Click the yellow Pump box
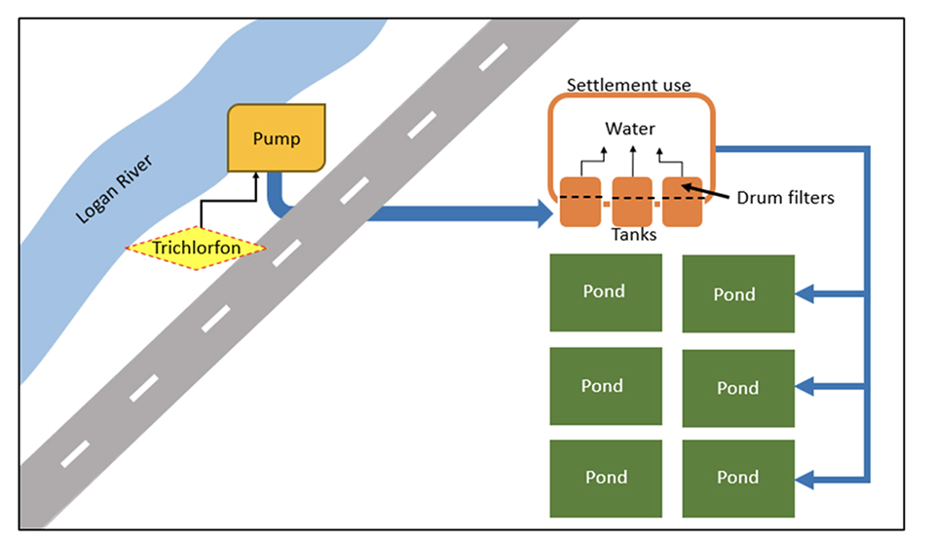tap(277, 138)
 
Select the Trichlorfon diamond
tap(196, 249)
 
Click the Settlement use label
tap(629, 85)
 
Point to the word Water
tap(630, 129)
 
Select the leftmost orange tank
tap(580, 202)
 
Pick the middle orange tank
tap(632, 202)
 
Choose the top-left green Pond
tap(605, 291)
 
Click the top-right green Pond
tap(737, 294)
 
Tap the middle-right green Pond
tap(737, 388)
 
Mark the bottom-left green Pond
tap(605, 477)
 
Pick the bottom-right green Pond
tap(737, 478)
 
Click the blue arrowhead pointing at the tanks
tap(543, 212)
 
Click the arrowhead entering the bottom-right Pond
tap(805, 479)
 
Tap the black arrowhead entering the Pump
tap(255, 177)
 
